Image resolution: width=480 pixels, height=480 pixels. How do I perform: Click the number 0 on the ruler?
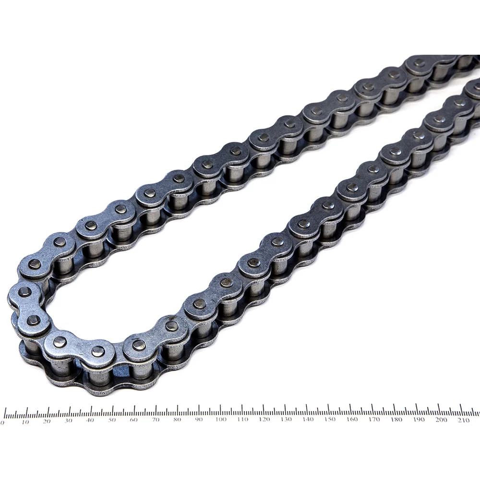2,423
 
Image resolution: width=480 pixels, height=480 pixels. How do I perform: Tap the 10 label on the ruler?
25,422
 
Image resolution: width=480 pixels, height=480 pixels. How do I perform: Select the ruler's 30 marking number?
69,421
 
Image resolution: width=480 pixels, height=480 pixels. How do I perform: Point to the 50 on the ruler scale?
112,420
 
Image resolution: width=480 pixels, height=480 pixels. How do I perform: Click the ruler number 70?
156,420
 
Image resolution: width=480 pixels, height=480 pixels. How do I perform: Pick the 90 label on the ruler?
199,419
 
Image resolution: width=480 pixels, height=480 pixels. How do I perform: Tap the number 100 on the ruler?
221,419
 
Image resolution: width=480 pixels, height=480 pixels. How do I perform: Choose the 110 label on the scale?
242,419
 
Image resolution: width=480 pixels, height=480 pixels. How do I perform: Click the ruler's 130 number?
286,419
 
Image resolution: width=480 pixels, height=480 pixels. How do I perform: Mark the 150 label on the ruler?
330,419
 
